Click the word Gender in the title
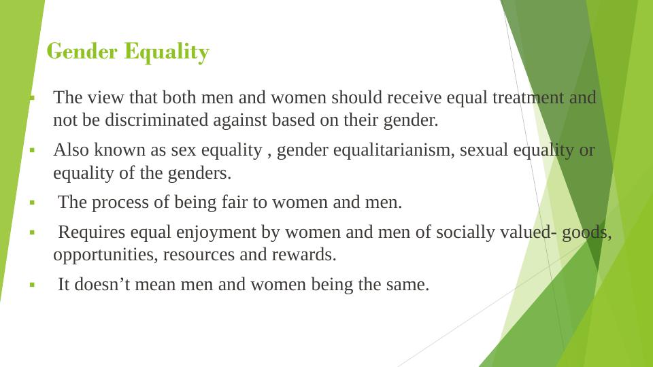pyautogui.click(x=82, y=52)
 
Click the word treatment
pyautogui.click(x=528, y=97)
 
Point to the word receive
pyautogui.click(x=414, y=97)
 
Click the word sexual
pyautogui.click(x=484, y=150)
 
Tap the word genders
pyautogui.click(x=199, y=173)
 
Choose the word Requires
pyautogui.click(x=91, y=232)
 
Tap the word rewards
pyautogui.click(x=304, y=255)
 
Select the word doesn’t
pyautogui.click(x=102, y=285)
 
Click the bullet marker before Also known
pyautogui.click(x=32, y=150)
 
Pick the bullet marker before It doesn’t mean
pyautogui.click(x=32, y=285)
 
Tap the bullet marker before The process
pyautogui.click(x=32, y=203)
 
